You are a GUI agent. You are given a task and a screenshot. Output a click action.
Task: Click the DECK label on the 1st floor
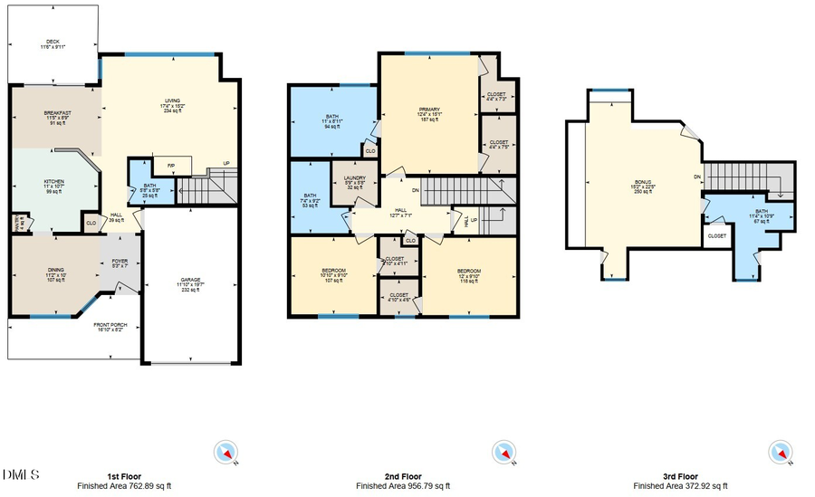point(53,43)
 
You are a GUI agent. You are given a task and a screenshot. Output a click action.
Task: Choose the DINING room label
point(54,271)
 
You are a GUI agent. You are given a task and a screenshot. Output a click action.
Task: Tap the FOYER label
point(120,263)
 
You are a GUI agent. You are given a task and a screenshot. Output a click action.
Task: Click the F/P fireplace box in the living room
point(170,166)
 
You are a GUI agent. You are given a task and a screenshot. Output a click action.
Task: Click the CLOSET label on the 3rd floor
point(717,235)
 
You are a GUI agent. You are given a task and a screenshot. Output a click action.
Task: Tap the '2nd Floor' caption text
point(402,476)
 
